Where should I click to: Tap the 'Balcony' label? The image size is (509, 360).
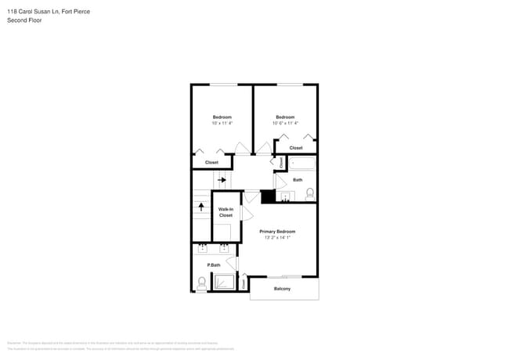pyautogui.click(x=282, y=290)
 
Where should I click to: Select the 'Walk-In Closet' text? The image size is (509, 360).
pyautogui.click(x=226, y=212)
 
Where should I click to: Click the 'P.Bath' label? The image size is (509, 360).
pyautogui.click(x=213, y=265)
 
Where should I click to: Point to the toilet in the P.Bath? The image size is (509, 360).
pyautogui.click(x=202, y=283)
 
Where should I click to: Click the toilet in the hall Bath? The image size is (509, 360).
pyautogui.click(x=310, y=193)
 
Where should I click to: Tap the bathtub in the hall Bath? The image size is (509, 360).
pyautogui.click(x=302, y=164)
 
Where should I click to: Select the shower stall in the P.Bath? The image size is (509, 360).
pyautogui.click(x=225, y=283)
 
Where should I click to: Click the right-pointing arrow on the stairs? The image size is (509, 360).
pyautogui.click(x=222, y=180)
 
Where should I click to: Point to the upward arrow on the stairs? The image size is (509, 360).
pyautogui.click(x=201, y=207)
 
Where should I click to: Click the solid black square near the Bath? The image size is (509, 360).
pyautogui.click(x=268, y=197)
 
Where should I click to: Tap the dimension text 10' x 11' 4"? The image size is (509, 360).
pyautogui.click(x=222, y=123)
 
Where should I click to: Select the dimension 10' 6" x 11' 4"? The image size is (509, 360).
pyautogui.click(x=285, y=123)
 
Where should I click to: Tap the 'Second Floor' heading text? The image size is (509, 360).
pyautogui.click(x=25, y=20)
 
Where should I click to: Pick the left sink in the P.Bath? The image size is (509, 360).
pyautogui.click(x=202, y=249)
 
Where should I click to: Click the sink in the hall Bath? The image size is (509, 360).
pyautogui.click(x=285, y=196)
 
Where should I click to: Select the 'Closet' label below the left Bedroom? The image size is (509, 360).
pyautogui.click(x=211, y=163)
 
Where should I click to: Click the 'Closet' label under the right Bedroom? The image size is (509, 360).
pyautogui.click(x=296, y=147)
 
